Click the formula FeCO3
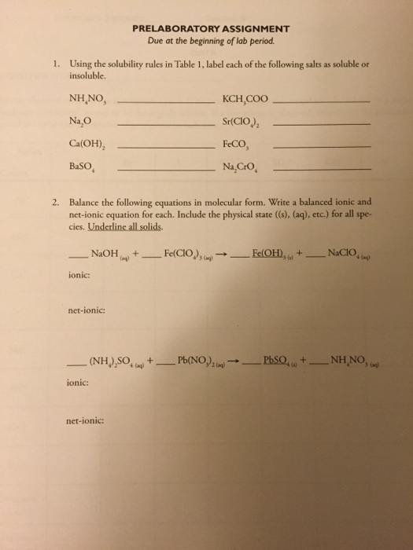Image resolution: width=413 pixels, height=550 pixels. point(238,145)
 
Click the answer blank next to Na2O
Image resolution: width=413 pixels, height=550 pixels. point(160,126)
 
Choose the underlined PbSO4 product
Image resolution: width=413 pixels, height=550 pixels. point(282,364)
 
